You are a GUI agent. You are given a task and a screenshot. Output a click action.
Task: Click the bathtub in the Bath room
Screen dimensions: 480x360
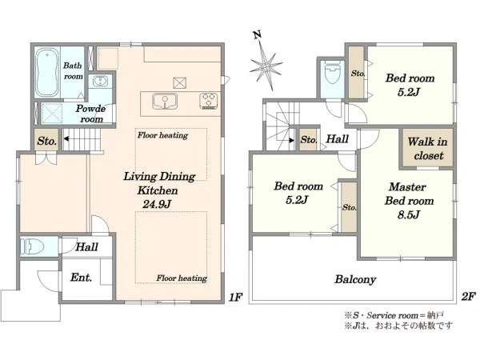(47, 73)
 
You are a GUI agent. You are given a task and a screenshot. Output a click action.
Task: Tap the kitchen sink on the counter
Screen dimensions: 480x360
(165, 101)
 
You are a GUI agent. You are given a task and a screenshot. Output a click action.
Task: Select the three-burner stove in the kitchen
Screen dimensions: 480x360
(209, 101)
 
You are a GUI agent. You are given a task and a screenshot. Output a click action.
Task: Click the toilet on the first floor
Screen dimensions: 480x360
(31, 246)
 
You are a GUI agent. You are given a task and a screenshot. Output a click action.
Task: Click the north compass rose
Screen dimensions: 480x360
(266, 66)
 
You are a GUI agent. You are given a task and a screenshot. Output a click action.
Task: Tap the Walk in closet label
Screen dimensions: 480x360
(428, 149)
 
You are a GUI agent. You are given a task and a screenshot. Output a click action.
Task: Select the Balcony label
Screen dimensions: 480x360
(355, 279)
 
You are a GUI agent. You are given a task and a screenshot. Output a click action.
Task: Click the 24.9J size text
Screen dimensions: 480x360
(157, 204)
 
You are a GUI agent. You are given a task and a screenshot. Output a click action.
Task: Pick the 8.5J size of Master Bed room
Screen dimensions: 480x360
(408, 214)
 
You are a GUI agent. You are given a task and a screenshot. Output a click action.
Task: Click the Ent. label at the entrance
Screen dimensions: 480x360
(81, 278)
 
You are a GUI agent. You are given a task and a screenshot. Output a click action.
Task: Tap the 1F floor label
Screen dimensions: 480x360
(236, 297)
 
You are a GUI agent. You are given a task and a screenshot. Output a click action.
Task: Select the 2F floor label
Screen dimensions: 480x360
(468, 296)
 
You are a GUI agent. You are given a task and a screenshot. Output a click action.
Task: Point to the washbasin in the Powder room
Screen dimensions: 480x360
(100, 82)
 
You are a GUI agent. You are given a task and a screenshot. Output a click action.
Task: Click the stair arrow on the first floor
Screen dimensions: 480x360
(66, 139)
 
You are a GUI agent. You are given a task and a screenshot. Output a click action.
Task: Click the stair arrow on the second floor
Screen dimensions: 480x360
(291, 141)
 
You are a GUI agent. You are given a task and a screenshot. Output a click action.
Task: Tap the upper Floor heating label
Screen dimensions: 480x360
(162, 135)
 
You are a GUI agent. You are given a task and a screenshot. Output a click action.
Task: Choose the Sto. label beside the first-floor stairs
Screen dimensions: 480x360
(47, 141)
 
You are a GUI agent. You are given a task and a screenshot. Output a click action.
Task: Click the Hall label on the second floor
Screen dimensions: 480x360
(338, 139)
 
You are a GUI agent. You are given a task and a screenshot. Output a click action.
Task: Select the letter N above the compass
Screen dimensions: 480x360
(258, 35)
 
